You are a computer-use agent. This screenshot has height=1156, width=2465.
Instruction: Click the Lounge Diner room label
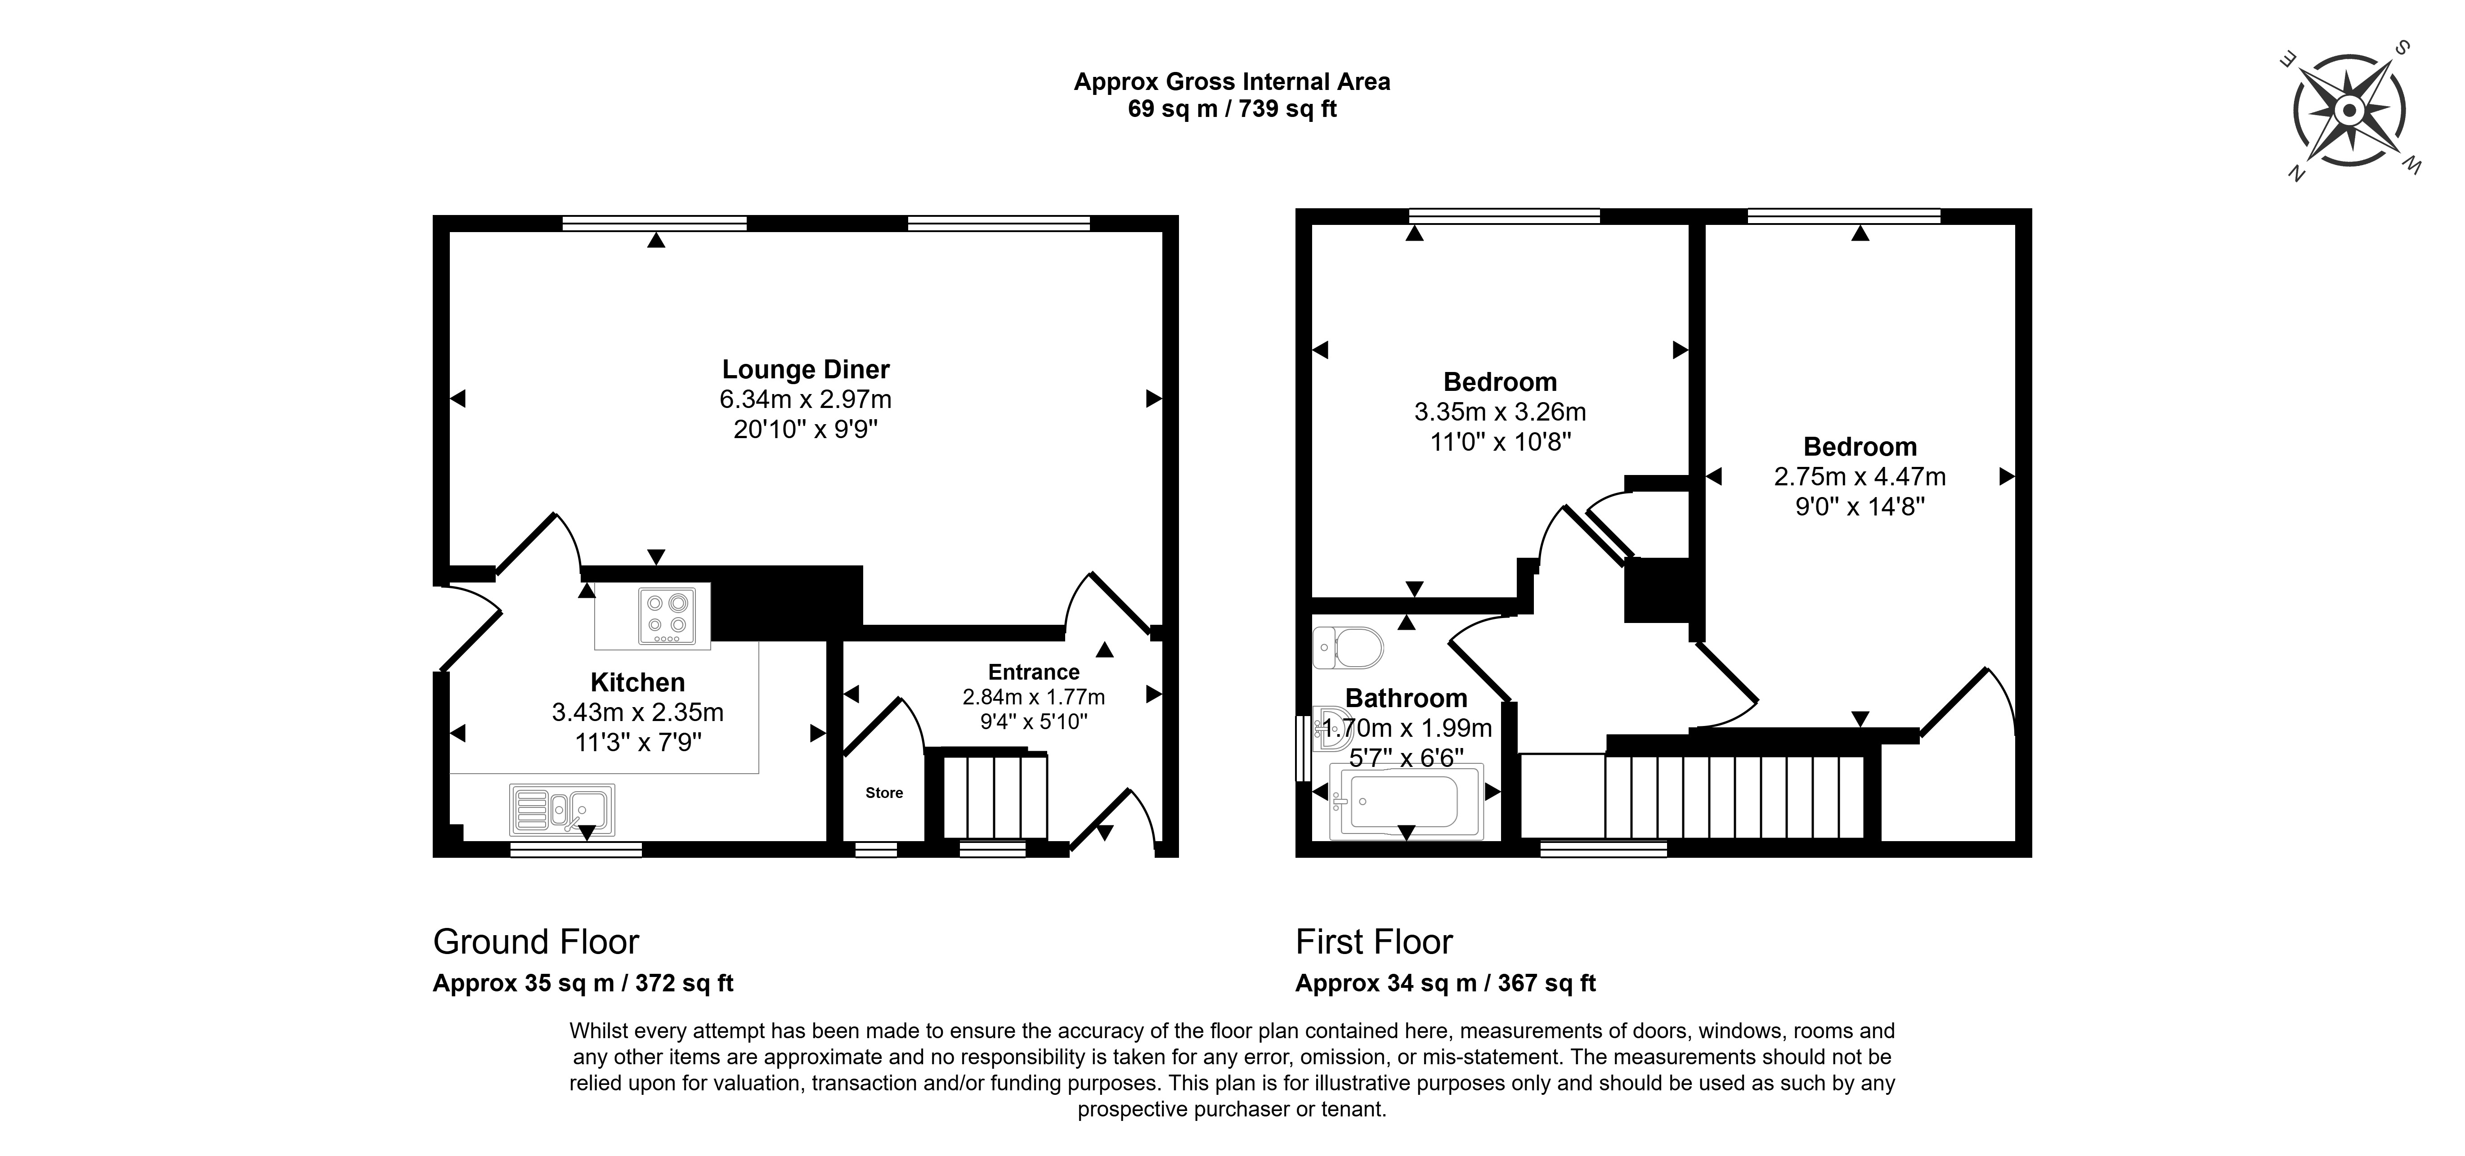click(806, 369)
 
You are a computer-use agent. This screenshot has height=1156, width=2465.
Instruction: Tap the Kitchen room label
click(637, 682)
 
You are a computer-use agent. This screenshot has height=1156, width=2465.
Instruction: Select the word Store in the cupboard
click(884, 793)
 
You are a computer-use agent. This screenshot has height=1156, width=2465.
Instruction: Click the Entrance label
click(1034, 672)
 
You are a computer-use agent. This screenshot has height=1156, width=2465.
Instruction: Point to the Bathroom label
click(1406, 698)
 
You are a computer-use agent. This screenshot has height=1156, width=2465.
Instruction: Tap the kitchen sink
click(563, 810)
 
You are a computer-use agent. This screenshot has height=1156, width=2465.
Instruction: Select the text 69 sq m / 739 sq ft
click(1232, 109)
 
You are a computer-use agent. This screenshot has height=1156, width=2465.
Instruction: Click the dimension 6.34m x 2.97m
click(806, 399)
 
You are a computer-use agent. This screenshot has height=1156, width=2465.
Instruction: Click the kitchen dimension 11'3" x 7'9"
click(638, 742)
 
